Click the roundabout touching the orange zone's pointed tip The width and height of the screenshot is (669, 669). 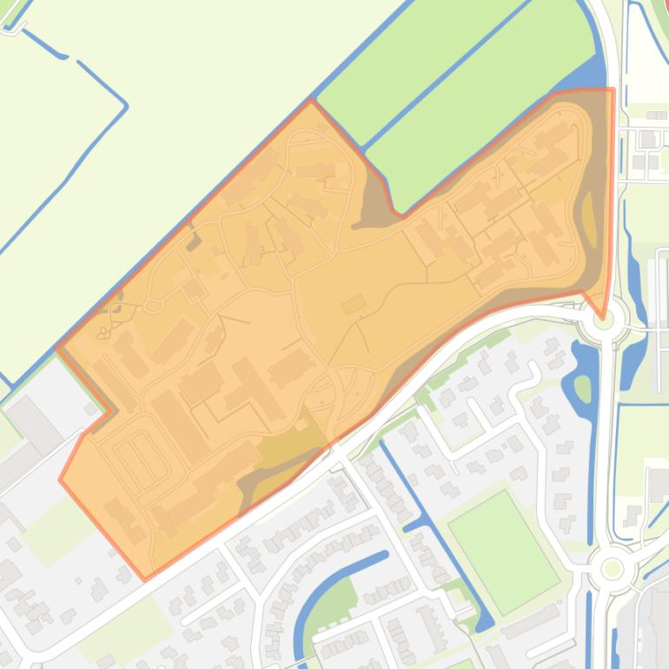[604, 320]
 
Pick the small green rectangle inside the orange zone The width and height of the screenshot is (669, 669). [354, 304]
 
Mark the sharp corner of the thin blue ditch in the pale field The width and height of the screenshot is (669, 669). [125, 107]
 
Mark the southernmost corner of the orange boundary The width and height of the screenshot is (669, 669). [145, 553]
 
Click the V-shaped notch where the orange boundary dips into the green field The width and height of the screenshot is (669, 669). [398, 212]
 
